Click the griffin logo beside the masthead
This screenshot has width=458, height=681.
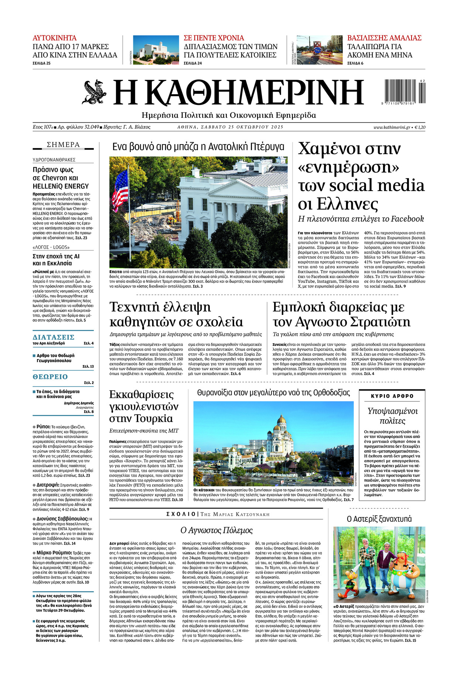point(94,92)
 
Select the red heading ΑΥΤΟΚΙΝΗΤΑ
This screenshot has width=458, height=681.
point(55,38)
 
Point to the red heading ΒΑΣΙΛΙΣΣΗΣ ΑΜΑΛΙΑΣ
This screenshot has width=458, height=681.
point(384,38)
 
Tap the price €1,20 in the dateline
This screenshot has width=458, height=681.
point(420,127)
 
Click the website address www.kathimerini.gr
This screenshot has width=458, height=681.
point(392,127)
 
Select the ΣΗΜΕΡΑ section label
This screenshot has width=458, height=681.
point(63,144)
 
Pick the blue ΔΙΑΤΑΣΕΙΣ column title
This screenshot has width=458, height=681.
point(54,337)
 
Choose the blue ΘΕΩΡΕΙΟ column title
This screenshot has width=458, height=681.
point(50,377)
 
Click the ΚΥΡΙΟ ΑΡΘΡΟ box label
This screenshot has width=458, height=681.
point(392,396)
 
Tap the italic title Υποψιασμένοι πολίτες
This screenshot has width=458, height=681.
point(392,416)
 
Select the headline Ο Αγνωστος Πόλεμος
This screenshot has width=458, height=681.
point(216,530)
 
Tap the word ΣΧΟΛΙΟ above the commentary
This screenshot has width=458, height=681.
point(181,514)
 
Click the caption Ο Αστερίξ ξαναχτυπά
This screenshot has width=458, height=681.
point(379,519)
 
